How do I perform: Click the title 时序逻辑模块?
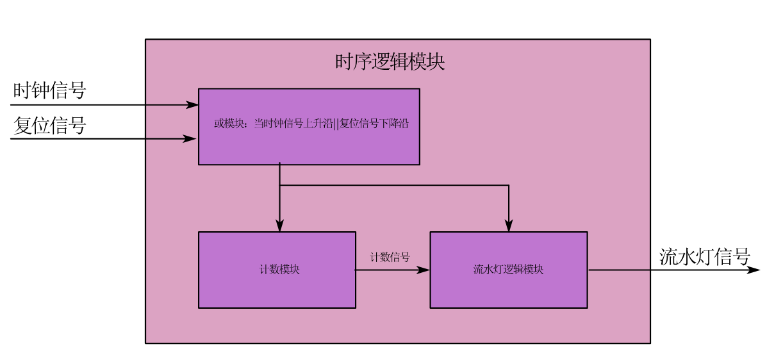pyautogui.click(x=390, y=62)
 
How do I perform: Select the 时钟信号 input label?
pyautogui.click(x=49, y=90)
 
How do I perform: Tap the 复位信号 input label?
pyautogui.click(x=49, y=126)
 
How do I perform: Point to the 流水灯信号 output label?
pyautogui.click(x=705, y=257)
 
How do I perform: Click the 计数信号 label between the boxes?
pyautogui.click(x=390, y=257)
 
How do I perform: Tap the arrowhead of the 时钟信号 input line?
pyautogui.click(x=192, y=104)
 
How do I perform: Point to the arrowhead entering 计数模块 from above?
pyautogui.click(x=280, y=225)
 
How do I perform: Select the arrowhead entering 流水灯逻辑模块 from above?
pyautogui.click(x=509, y=225)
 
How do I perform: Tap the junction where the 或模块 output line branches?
pyautogui.click(x=280, y=186)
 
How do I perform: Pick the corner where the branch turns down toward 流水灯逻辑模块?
pyautogui.click(x=509, y=186)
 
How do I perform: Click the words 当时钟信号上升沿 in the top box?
pyautogui.click(x=293, y=124)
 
